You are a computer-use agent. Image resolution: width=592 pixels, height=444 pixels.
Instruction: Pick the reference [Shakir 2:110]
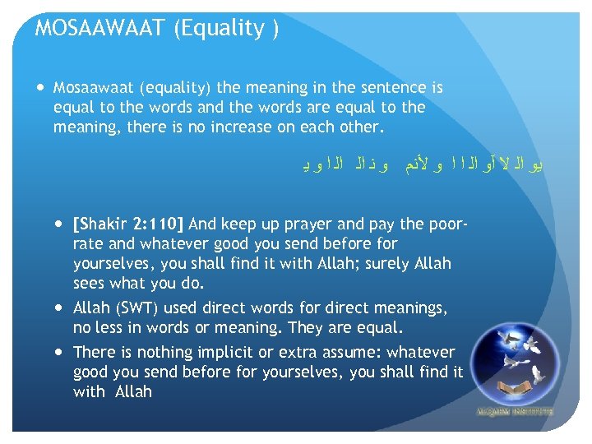[130, 224]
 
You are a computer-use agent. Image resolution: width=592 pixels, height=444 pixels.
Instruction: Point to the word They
[308, 328]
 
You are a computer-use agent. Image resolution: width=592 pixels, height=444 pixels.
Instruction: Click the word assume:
[351, 352]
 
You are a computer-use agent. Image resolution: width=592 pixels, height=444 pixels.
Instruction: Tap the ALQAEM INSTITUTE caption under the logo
[515, 410]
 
